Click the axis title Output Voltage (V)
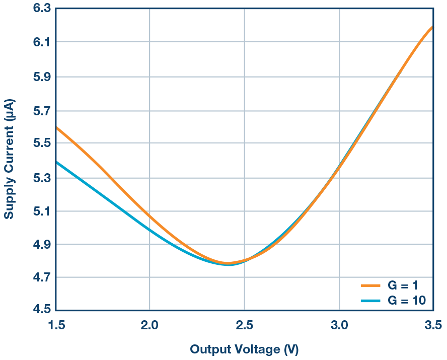[x=244, y=349]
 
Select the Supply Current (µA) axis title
[x=10, y=159]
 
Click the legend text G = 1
[x=403, y=285]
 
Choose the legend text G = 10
[x=406, y=301]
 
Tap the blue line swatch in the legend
[x=372, y=301]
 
